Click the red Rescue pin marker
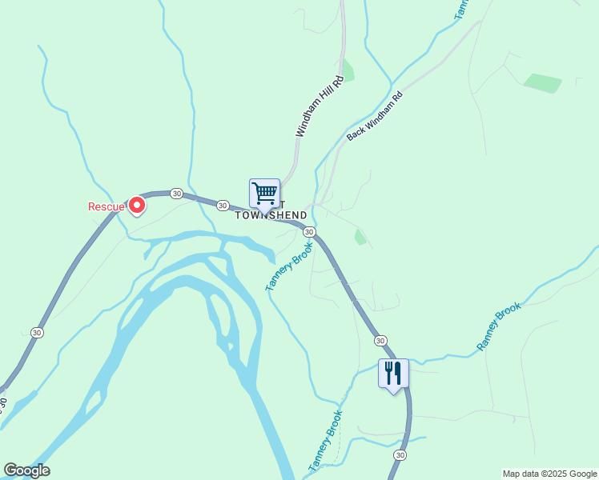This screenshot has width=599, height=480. [137, 205]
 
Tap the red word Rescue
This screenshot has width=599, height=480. [106, 206]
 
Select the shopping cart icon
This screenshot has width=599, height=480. [264, 194]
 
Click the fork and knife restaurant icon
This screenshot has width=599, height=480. [393, 374]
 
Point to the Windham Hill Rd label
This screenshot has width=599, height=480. [318, 106]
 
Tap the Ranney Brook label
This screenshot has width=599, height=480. [499, 326]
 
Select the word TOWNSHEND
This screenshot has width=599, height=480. [271, 215]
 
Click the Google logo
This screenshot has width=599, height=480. [26, 470]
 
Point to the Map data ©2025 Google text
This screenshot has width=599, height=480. [551, 474]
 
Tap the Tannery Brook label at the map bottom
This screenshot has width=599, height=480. [325, 441]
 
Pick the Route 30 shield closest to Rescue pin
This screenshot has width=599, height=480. [177, 194]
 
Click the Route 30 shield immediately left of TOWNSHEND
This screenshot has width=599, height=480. [222, 205]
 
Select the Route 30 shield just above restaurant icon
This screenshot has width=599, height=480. [380, 341]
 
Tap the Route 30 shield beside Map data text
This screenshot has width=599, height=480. [400, 454]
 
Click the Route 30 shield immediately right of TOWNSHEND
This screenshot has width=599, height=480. [309, 232]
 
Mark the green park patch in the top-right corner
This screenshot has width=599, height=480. [542, 82]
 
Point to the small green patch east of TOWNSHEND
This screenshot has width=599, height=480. [360, 237]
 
